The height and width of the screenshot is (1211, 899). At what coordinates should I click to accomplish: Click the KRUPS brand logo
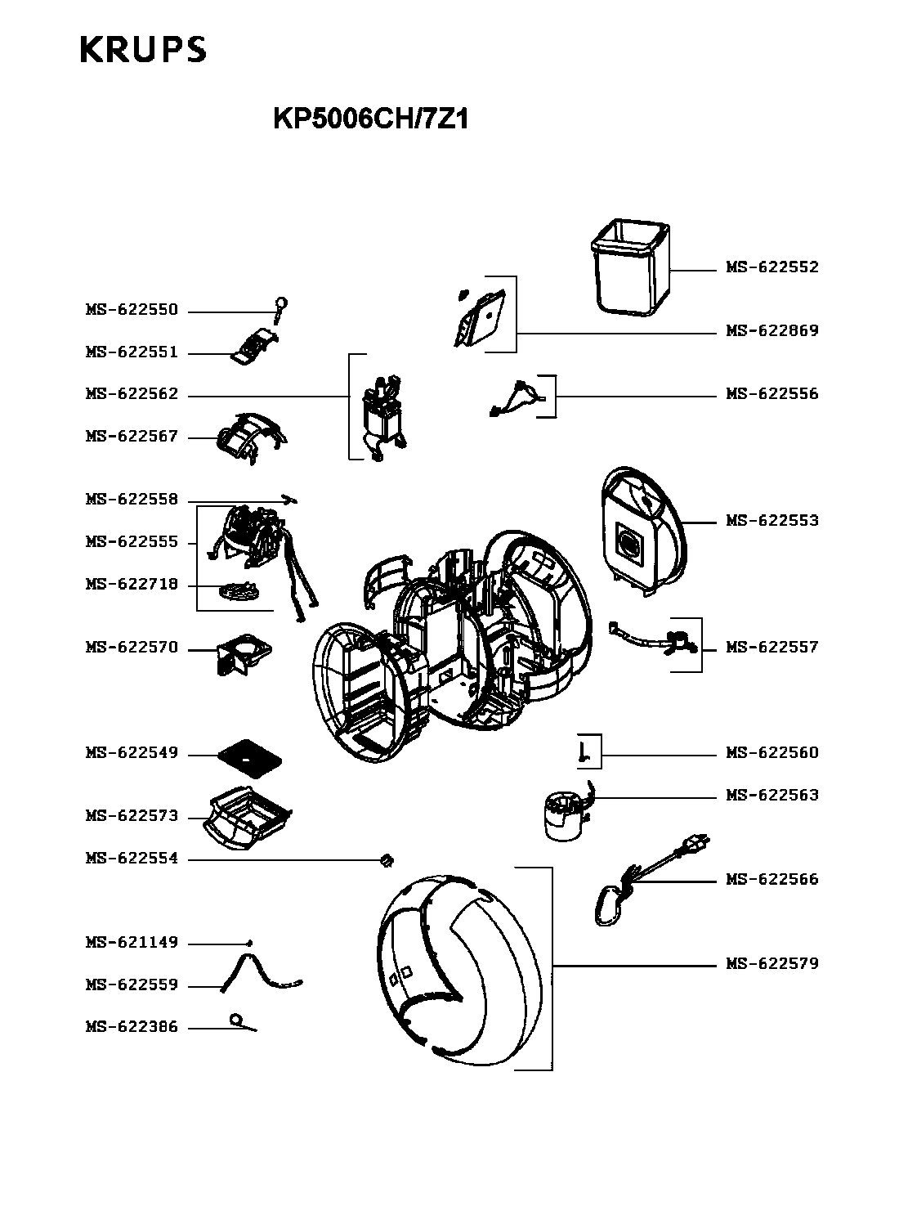click(x=143, y=50)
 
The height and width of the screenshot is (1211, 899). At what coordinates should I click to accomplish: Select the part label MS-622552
click(x=772, y=267)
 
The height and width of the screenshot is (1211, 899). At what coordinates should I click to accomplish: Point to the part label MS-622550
click(x=132, y=311)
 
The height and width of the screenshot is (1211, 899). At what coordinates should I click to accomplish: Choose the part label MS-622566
click(x=772, y=880)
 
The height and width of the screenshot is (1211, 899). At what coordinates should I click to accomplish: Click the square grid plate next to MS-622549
click(x=249, y=756)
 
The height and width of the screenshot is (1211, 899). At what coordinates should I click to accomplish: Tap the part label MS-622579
click(x=772, y=964)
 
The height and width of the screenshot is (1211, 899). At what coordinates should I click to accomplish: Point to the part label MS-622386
click(x=132, y=1028)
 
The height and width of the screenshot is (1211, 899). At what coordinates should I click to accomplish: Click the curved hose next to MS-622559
click(x=260, y=973)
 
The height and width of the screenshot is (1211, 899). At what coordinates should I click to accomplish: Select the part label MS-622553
click(x=772, y=521)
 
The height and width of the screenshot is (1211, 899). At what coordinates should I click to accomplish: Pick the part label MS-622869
click(x=772, y=331)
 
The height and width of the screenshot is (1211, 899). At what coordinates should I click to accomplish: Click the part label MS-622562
click(x=132, y=395)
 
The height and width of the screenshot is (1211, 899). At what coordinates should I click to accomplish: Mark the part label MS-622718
click(x=132, y=585)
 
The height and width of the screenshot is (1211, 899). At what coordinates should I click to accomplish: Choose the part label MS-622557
click(x=772, y=648)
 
